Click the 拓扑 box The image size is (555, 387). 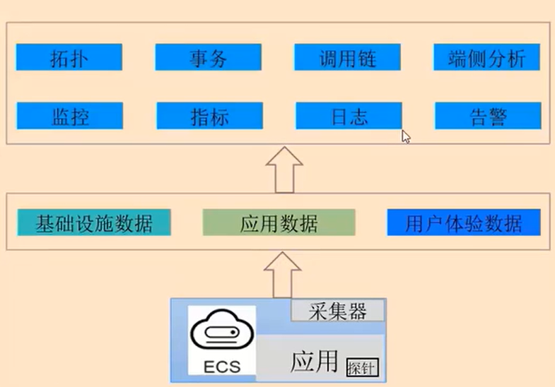click(x=69, y=58)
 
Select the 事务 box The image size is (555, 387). click(x=209, y=58)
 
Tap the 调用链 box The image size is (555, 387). click(x=348, y=58)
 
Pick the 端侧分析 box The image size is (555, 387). click(x=487, y=58)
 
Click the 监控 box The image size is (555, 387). click(x=70, y=116)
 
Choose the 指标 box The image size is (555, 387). click(x=209, y=116)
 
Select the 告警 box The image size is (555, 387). click(x=488, y=116)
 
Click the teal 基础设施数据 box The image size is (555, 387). click(x=94, y=223)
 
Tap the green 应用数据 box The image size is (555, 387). click(x=279, y=223)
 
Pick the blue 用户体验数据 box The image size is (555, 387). click(x=464, y=223)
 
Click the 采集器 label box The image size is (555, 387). click(x=339, y=311)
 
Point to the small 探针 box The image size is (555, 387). click(x=362, y=367)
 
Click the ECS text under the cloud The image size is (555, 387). click(x=221, y=367)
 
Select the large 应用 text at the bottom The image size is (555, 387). click(x=314, y=361)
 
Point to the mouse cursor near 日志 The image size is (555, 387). click(x=406, y=136)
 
